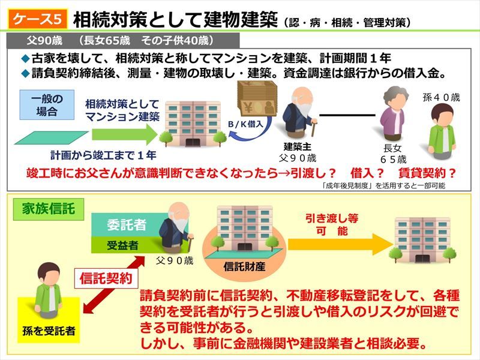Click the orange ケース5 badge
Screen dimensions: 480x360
(x=37, y=20)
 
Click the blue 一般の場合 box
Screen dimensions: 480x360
(x=47, y=104)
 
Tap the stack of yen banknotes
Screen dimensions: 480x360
(x=257, y=98)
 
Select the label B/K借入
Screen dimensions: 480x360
(x=245, y=124)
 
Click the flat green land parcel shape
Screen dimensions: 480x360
(x=51, y=138)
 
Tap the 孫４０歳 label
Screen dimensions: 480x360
(x=441, y=97)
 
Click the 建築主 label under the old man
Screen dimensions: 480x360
(x=297, y=146)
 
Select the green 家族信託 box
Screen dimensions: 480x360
(x=49, y=209)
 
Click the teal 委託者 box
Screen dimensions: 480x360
(x=126, y=225)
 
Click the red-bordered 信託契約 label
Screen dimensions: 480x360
(x=106, y=278)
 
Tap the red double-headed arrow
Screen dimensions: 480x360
(x=114, y=284)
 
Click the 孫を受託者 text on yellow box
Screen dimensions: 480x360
(x=49, y=331)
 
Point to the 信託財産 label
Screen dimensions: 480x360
(x=244, y=266)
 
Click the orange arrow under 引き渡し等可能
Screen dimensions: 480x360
(x=340, y=244)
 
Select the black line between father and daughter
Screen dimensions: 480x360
(x=347, y=115)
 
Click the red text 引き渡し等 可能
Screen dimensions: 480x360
(x=332, y=224)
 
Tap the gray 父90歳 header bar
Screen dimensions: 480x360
(x=123, y=40)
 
